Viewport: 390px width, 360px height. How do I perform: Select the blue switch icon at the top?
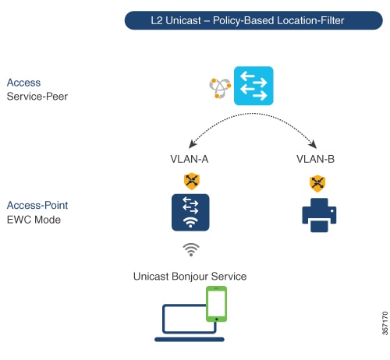[253, 86]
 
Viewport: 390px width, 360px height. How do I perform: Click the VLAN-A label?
[190, 159]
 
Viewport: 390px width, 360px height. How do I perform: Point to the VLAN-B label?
[316, 159]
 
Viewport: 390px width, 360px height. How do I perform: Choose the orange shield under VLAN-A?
[190, 181]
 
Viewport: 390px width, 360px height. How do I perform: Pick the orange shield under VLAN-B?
[317, 184]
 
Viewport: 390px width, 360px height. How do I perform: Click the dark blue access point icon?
[190, 213]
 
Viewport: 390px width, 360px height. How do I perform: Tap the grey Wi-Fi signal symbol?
[190, 249]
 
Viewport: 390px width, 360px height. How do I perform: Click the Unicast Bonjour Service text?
[190, 276]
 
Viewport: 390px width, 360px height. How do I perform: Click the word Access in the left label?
[23, 83]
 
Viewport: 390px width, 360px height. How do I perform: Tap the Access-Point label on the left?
[37, 205]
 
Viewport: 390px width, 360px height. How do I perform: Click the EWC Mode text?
[34, 220]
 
